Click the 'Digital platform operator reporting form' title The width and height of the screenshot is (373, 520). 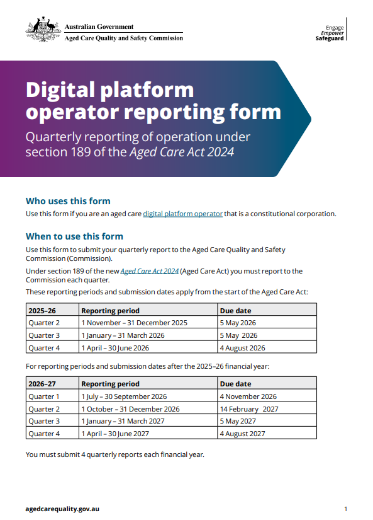point(153,101)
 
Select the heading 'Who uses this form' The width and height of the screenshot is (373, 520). point(68,201)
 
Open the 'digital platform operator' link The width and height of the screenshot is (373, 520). point(182,214)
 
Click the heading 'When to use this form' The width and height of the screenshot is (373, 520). point(74,236)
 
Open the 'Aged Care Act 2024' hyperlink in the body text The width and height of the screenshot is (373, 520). point(149,271)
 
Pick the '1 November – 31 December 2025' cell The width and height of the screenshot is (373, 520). point(134,323)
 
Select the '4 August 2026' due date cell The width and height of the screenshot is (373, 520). point(242,347)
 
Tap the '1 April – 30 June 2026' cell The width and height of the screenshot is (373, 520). point(115,347)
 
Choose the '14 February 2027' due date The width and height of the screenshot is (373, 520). point(248,409)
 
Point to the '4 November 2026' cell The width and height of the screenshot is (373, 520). point(248,396)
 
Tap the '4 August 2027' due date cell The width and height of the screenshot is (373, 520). point(242,434)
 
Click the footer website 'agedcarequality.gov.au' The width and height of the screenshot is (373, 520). point(62,509)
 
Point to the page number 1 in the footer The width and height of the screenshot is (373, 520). point(346,509)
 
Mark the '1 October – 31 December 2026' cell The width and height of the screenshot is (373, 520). point(130,409)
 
